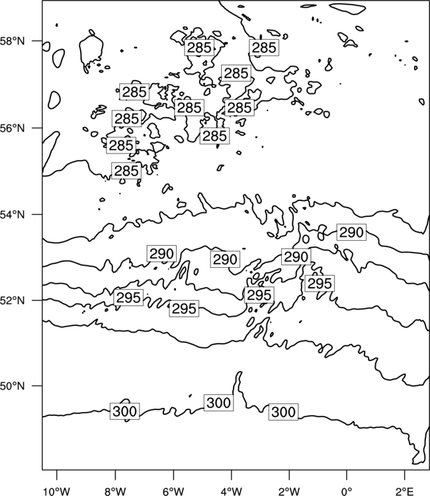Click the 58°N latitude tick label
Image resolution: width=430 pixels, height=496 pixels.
click(12, 41)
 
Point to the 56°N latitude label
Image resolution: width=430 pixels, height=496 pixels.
click(12, 128)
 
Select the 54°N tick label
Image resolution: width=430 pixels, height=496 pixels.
click(12, 214)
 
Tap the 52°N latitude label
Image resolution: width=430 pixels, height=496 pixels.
click(12, 300)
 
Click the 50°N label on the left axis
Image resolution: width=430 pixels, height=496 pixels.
click(12, 386)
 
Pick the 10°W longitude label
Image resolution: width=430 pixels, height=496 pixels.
click(57, 491)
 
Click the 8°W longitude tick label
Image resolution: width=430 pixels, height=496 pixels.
click(115, 491)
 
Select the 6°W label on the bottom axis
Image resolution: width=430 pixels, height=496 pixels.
click(173, 491)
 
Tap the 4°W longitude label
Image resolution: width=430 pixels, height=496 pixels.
click(232, 491)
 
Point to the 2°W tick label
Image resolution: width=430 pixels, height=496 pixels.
click(289, 491)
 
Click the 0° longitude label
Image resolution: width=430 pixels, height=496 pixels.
click(347, 491)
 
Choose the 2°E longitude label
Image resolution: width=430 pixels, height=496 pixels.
click(405, 491)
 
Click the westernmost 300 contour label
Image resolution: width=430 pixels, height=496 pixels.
click(124, 411)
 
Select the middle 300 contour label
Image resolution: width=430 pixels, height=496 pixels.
click(219, 403)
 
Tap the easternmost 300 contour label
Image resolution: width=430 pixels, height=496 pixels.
click(284, 412)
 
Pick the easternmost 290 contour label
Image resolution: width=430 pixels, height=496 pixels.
click(351, 232)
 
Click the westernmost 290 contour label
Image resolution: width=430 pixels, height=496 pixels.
click(161, 253)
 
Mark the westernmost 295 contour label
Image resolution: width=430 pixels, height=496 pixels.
click(128, 298)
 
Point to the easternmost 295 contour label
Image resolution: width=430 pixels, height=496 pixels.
click(320, 283)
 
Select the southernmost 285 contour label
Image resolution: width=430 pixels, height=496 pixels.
click(126, 171)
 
